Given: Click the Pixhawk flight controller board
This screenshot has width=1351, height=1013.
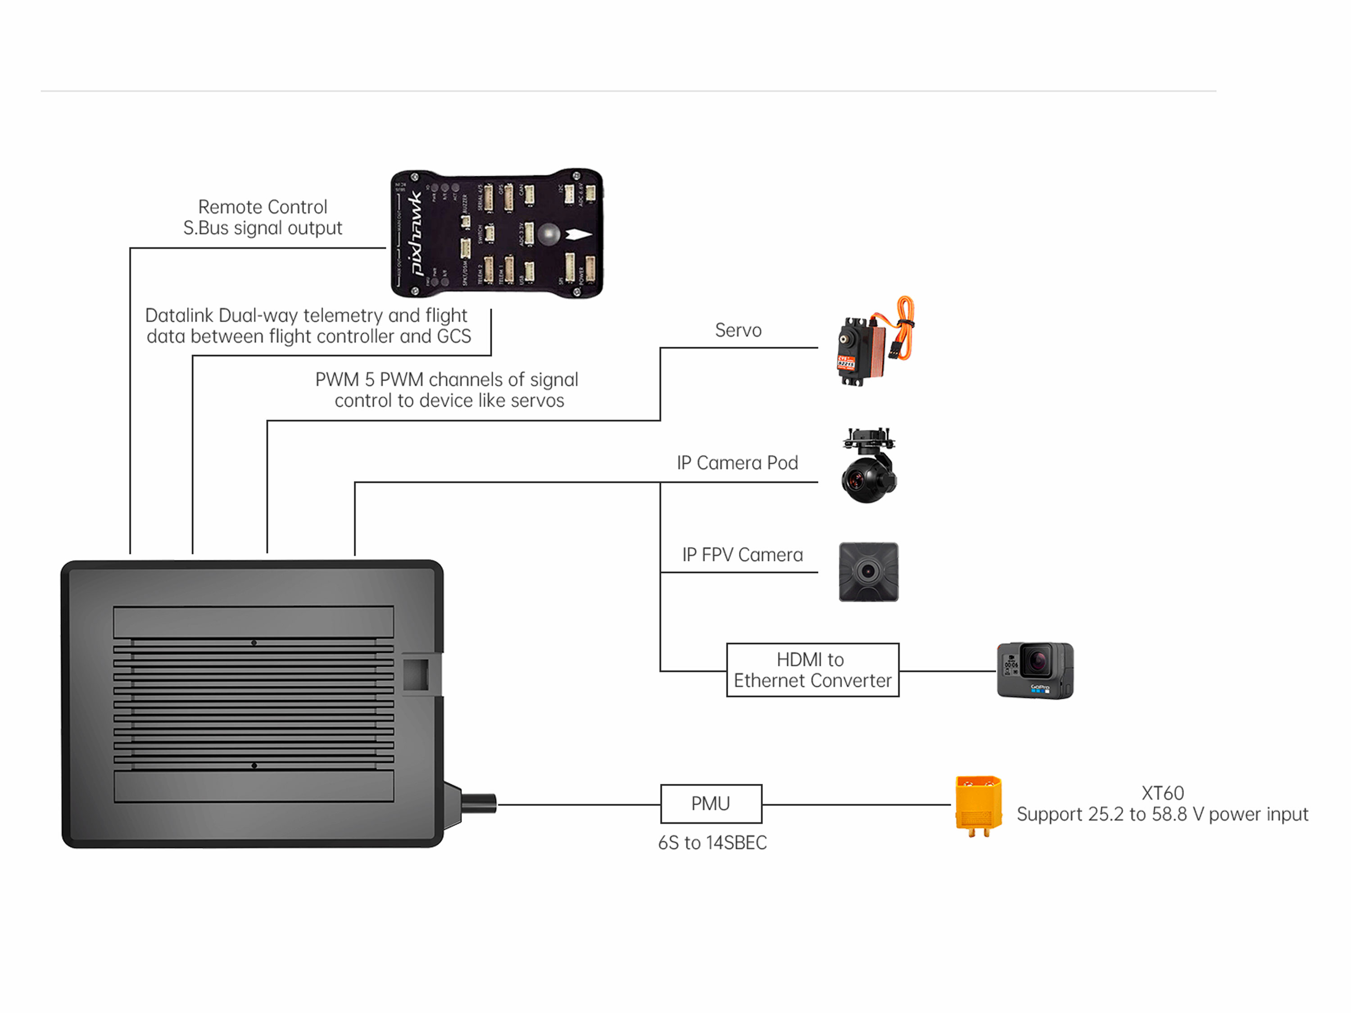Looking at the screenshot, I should tap(497, 233).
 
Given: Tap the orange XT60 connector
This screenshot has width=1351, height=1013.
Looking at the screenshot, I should tap(978, 805).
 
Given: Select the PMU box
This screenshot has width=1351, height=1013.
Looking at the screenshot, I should tap(711, 804).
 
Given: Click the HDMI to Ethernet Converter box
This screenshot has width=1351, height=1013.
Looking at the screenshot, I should tap(812, 670).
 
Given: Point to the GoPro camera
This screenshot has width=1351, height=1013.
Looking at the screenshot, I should tap(1034, 670).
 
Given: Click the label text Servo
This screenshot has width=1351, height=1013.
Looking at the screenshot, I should tap(738, 330).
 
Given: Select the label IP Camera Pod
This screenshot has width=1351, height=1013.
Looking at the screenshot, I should tap(737, 463).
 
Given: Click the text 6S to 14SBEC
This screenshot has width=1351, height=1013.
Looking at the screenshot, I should tap(712, 843).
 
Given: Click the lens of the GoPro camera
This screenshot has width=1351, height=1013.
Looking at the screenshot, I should tap(1037, 660).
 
